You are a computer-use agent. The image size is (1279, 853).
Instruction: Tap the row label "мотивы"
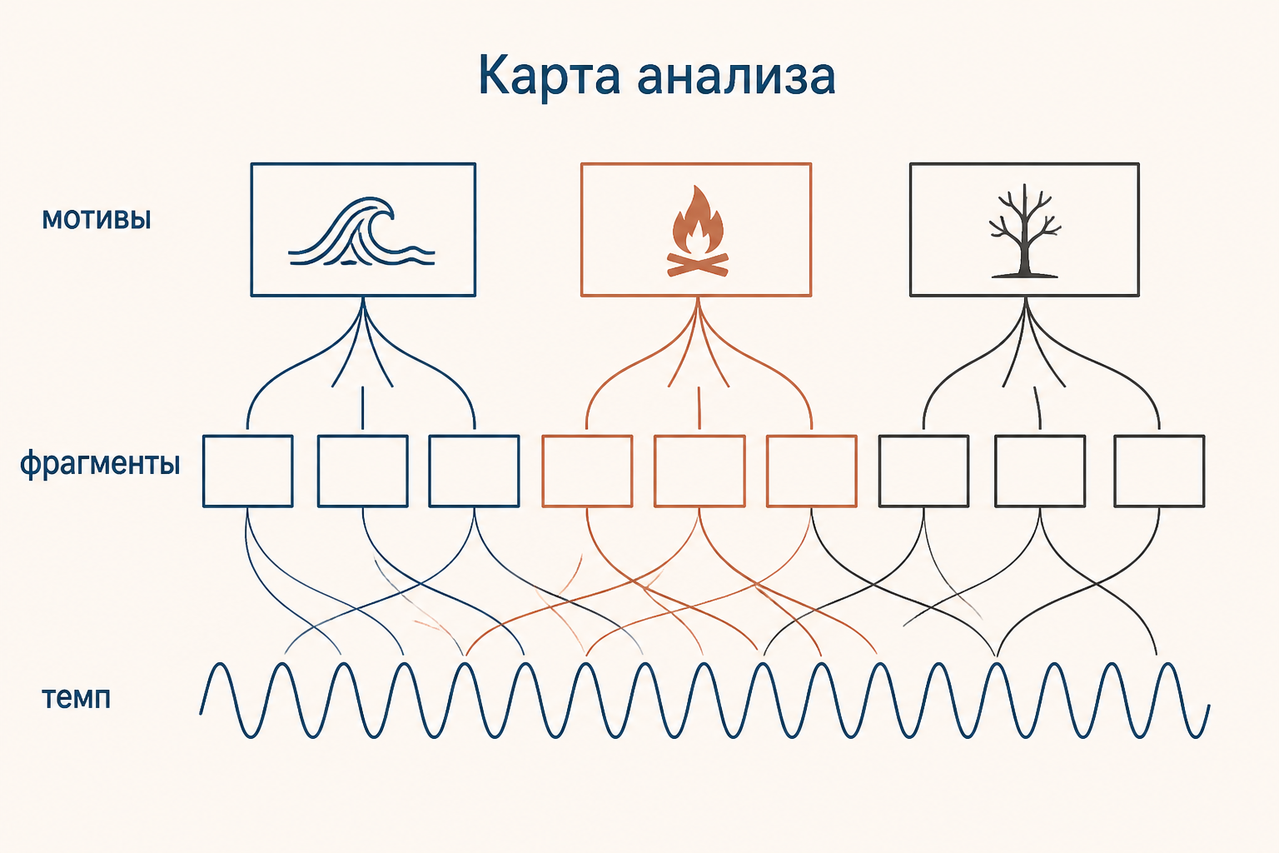coord(97,219)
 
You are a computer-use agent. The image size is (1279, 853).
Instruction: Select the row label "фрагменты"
coord(100,464)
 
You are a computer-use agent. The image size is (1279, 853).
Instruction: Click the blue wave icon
coord(361,232)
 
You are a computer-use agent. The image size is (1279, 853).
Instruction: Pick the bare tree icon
coord(1025,231)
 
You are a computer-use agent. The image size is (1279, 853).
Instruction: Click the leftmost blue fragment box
coord(248,471)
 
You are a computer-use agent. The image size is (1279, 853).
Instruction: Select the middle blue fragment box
coord(362,471)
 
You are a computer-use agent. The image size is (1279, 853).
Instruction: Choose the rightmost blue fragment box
coord(474,471)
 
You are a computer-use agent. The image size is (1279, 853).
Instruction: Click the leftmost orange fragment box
coord(587,471)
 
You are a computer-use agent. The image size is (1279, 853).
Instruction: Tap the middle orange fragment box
coord(699,471)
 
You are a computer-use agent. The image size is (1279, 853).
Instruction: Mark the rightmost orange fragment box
coord(811,471)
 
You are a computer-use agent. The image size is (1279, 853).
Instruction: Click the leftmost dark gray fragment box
coord(923,471)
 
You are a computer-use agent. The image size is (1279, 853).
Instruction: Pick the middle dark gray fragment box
coord(1040,471)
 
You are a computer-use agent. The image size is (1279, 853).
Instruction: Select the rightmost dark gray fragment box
coord(1159,471)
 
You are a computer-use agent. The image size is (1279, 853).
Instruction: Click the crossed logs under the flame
coord(697,265)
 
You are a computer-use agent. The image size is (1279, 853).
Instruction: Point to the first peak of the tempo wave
coord(220,664)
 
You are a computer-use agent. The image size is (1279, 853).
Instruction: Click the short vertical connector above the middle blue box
coord(362,408)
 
